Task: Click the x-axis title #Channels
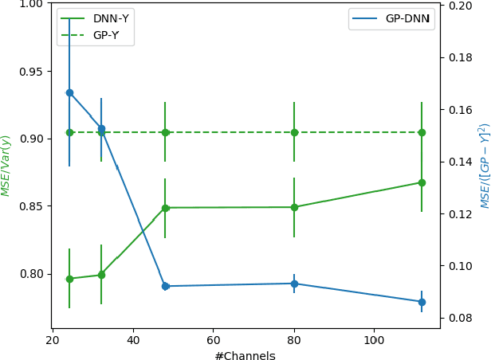pyautogui.click(x=245, y=356)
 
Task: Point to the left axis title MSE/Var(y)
pyautogui.click(x=6, y=166)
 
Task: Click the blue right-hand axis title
pyautogui.click(x=484, y=166)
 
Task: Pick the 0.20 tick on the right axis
pyautogui.click(x=461, y=5)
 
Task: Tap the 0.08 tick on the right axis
pyautogui.click(x=461, y=319)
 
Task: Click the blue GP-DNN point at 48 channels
pyautogui.click(x=165, y=286)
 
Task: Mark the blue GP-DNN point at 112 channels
pyautogui.click(x=422, y=302)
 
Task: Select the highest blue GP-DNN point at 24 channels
pyautogui.click(x=69, y=92)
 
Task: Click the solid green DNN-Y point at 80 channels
pyautogui.click(x=294, y=207)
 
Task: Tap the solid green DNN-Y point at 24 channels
pyautogui.click(x=69, y=279)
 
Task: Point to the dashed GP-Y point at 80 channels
pyautogui.click(x=294, y=132)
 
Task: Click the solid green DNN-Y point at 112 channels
pyautogui.click(x=422, y=182)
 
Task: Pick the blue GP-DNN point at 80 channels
pyautogui.click(x=294, y=284)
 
